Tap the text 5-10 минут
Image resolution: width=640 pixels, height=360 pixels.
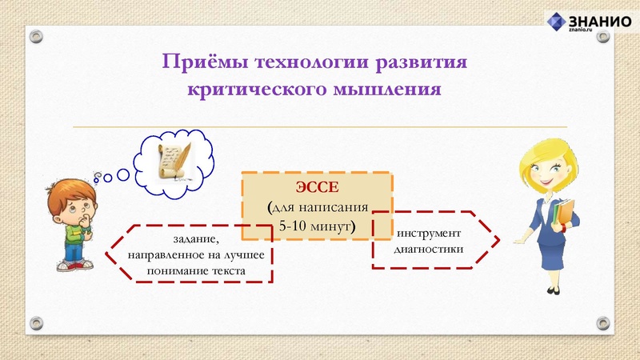click(318, 226)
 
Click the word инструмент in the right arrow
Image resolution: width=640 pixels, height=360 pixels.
click(429, 233)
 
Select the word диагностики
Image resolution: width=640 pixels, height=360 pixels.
click(429, 249)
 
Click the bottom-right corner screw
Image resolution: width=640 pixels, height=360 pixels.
click(604, 322)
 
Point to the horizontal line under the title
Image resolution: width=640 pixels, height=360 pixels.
click(320, 126)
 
